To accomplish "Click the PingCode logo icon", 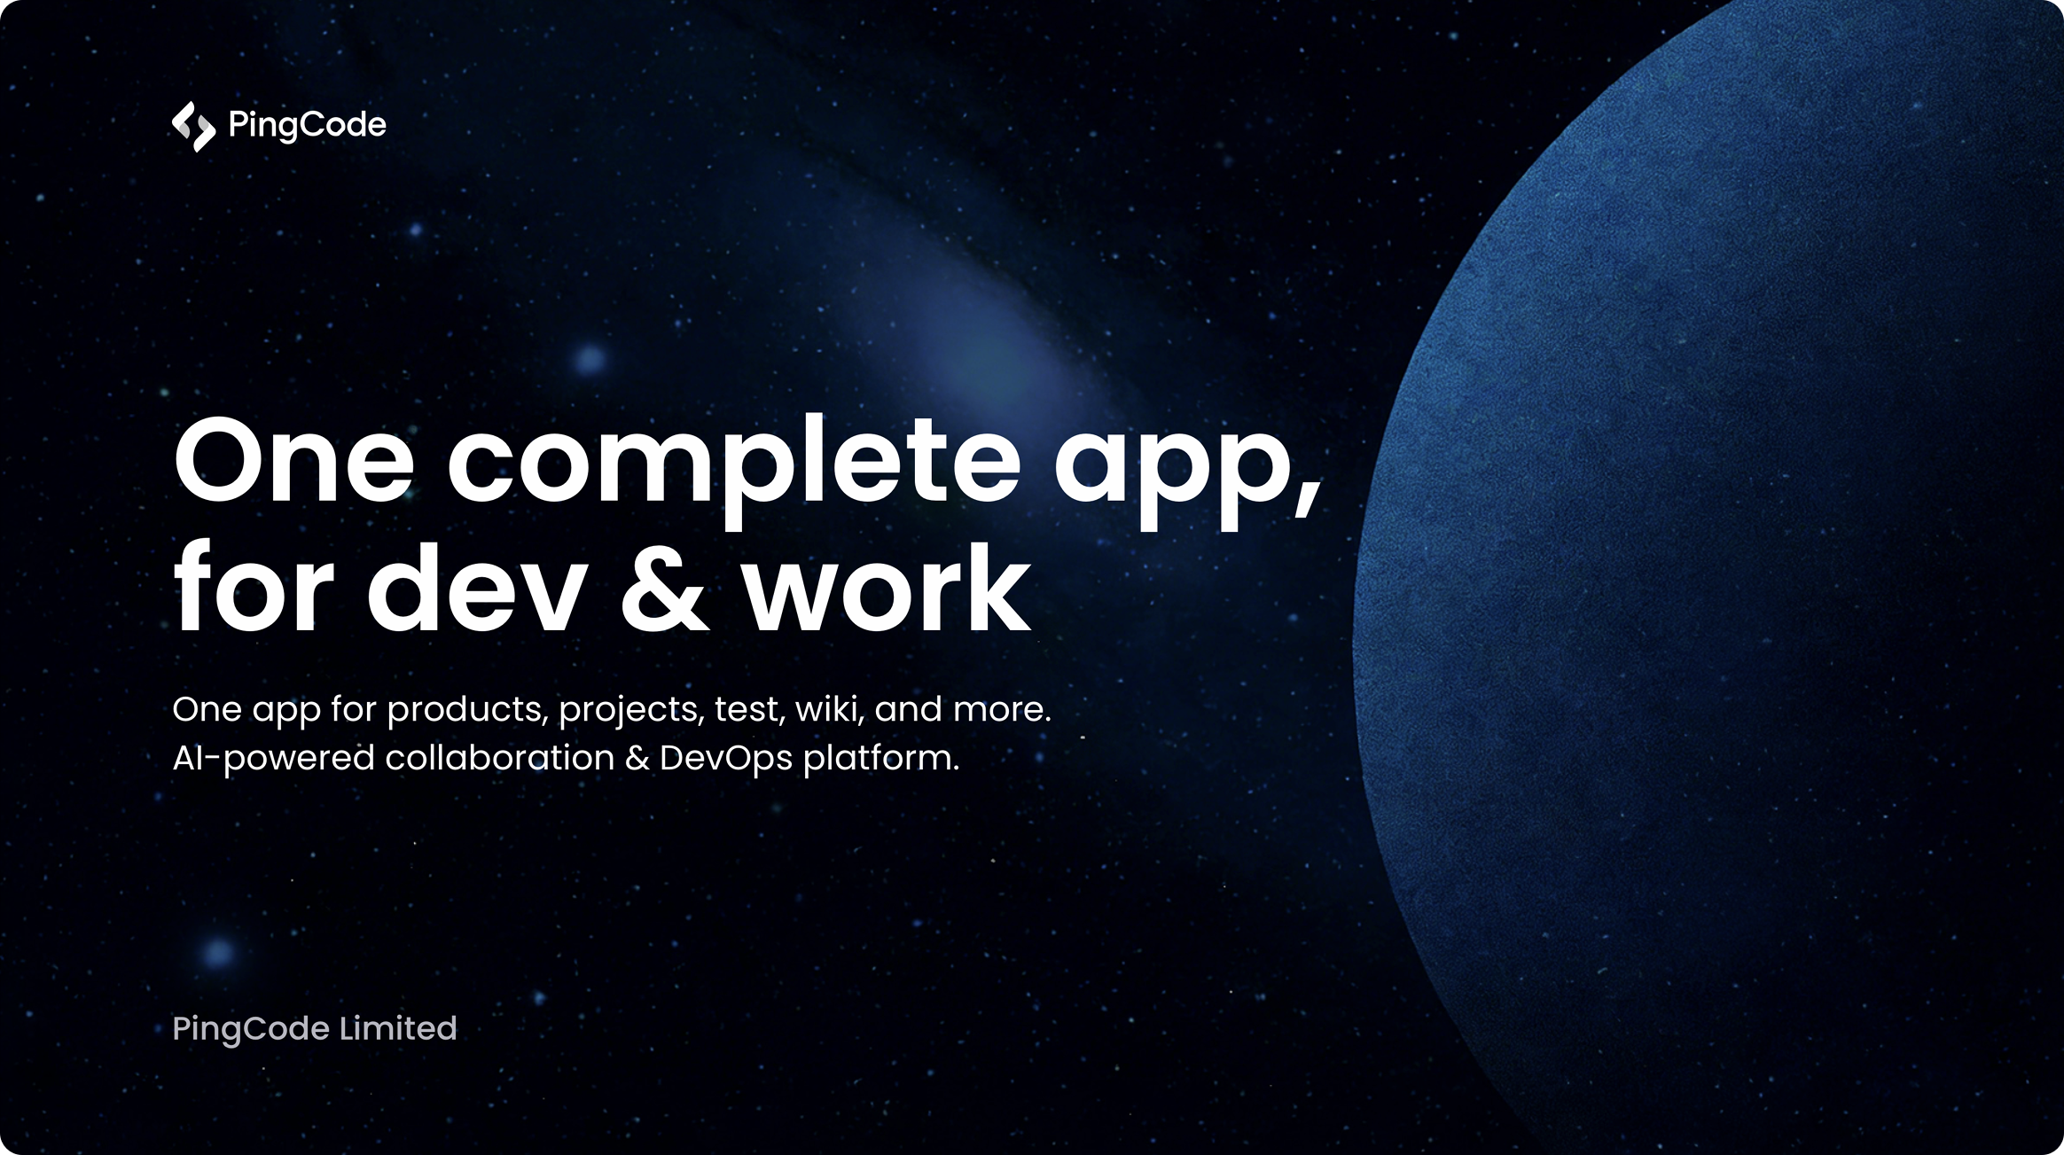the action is (193, 126).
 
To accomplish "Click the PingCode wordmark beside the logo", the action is (307, 126).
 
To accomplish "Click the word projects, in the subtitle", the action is (630, 711).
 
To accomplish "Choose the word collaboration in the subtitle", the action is (499, 758).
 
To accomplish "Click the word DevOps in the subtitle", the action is (726, 760).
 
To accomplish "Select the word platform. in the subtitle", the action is (881, 760).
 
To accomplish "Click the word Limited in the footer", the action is (398, 1028).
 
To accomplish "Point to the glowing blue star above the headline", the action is (590, 360).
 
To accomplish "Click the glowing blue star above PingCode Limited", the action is (218, 953).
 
